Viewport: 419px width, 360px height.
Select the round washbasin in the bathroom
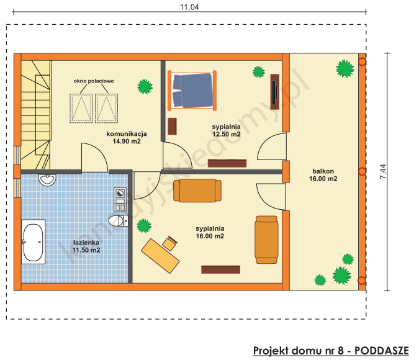coord(47,181)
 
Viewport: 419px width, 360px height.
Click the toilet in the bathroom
coord(116,221)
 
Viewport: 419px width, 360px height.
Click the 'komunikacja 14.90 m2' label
coord(126,138)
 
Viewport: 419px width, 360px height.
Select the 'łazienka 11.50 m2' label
coord(86,246)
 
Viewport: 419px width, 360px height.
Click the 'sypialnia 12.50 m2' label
coord(226,130)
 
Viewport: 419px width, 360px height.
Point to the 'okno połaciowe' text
coord(94,81)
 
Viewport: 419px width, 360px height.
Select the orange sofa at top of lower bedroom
coord(197,191)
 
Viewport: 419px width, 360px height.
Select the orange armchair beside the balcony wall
coord(266,240)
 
